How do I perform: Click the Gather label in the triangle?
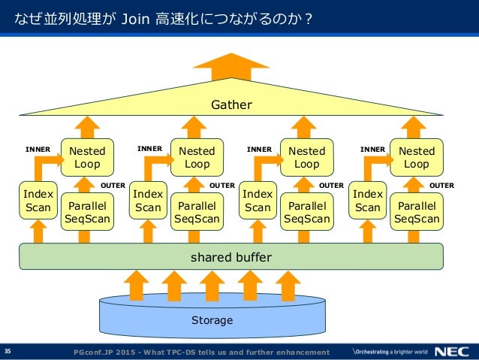point(231,104)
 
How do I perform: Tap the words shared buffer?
point(231,257)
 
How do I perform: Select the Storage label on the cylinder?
point(212,320)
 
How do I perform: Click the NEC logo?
point(452,352)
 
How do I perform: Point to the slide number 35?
point(8,351)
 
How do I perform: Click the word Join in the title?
point(135,19)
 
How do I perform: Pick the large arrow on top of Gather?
point(231,67)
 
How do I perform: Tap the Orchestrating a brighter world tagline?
point(390,352)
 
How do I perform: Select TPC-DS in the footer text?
point(179,352)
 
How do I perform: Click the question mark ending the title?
point(309,19)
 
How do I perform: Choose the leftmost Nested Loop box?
point(87,157)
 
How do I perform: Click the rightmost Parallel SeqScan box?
point(417,212)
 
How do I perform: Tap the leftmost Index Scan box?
point(38,201)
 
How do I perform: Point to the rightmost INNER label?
point(372,150)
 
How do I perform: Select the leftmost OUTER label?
point(113,186)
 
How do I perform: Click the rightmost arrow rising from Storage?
point(288,286)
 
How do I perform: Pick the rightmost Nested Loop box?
point(417,157)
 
